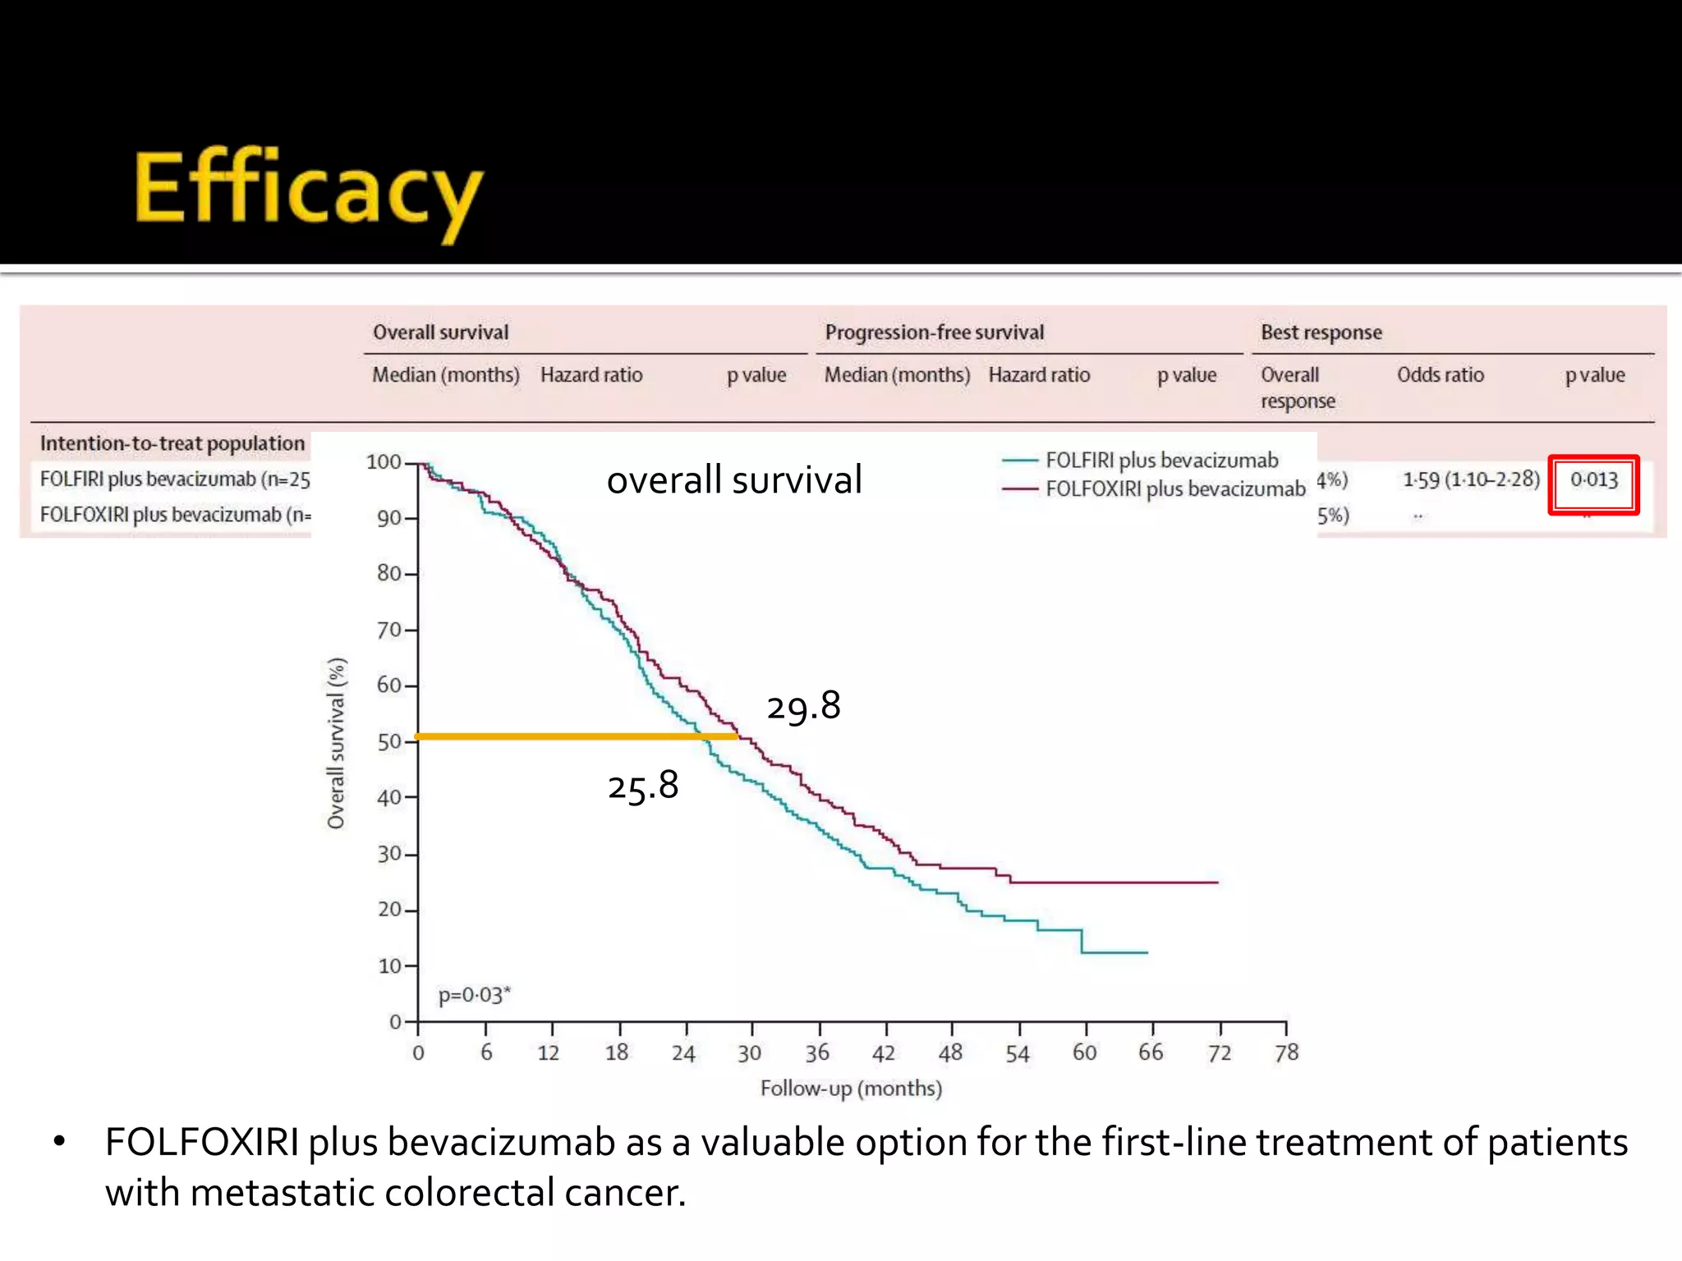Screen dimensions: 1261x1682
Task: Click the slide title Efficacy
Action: point(308,190)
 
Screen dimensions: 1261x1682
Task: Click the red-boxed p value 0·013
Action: point(1593,480)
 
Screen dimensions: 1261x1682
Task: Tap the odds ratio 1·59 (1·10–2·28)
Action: point(1470,479)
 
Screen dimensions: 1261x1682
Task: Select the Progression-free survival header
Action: point(934,332)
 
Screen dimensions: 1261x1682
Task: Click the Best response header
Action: point(1321,332)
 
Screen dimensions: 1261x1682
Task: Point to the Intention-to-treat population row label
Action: point(172,443)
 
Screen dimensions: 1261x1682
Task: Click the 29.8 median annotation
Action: point(803,706)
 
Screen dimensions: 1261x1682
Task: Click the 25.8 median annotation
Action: point(643,786)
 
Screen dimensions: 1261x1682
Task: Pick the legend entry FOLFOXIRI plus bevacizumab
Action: point(1174,489)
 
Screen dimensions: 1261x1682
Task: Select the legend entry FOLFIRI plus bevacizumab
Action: point(1161,461)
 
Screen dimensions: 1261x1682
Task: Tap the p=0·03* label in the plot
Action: point(474,995)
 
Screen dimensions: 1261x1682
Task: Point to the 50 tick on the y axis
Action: point(389,742)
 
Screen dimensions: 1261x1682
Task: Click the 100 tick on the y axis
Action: point(384,462)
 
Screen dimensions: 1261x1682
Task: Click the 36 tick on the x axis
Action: point(817,1052)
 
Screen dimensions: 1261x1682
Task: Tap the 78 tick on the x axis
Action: point(1286,1052)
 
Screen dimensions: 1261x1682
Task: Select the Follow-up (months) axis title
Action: point(851,1089)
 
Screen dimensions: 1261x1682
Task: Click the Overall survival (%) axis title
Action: point(336,743)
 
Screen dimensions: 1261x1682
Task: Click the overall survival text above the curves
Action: point(734,480)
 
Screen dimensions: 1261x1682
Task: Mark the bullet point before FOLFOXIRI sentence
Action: point(58,1143)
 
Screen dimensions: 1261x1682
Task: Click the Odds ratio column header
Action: point(1440,375)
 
